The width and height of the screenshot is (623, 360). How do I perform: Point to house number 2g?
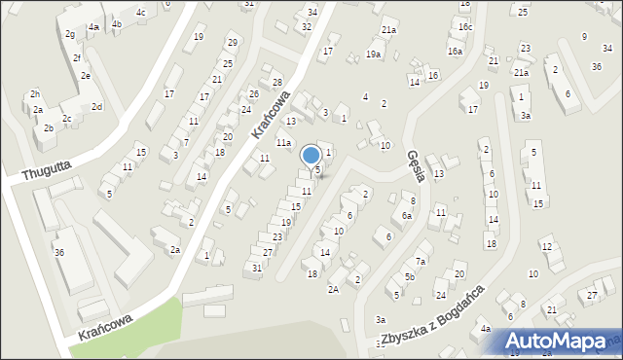pyautogui.click(x=70, y=34)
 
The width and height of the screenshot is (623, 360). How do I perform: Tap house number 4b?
pyautogui.click(x=117, y=24)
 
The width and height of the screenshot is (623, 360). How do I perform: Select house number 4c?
pyautogui.click(x=141, y=13)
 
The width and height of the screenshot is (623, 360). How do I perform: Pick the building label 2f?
pyautogui.click(x=76, y=57)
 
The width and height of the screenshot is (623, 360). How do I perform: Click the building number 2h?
pyautogui.click(x=34, y=93)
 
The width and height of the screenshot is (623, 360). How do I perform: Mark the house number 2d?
pyautogui.click(x=96, y=106)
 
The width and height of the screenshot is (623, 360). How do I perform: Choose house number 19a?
pyautogui.click(x=373, y=54)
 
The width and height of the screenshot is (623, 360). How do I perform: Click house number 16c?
pyautogui.click(x=465, y=26)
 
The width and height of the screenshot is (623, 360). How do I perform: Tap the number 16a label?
pyautogui.click(x=455, y=51)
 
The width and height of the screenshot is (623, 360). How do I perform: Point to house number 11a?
pyautogui.click(x=283, y=143)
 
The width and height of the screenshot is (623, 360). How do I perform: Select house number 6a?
pyautogui.click(x=407, y=216)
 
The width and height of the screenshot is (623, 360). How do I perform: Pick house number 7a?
pyautogui.click(x=421, y=261)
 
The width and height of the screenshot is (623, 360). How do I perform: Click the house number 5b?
pyautogui.click(x=411, y=277)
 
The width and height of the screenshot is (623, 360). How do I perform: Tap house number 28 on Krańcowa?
pyautogui.click(x=276, y=83)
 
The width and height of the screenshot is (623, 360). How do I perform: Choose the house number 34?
pyautogui.click(x=311, y=12)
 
